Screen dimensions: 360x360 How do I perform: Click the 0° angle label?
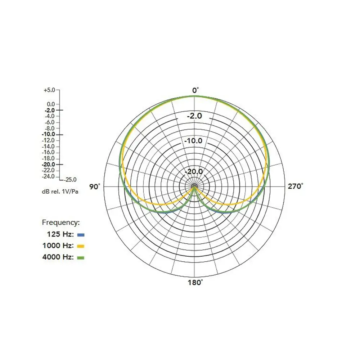(195, 90)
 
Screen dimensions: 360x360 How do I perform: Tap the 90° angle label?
(95, 186)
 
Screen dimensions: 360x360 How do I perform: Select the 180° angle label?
(195, 282)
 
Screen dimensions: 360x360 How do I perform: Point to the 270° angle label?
(296, 186)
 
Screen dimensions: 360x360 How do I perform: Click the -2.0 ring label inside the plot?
(194, 116)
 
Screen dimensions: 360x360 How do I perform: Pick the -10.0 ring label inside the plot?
(193, 140)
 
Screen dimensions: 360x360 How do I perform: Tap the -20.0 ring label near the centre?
(194, 171)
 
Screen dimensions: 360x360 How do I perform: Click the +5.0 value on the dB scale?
(49, 90)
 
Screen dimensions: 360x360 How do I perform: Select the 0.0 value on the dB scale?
(51, 104)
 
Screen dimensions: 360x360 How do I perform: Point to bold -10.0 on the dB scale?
(49, 134)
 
